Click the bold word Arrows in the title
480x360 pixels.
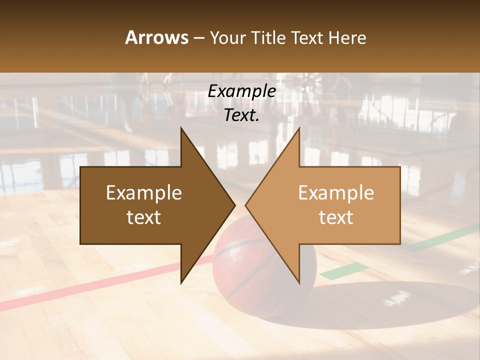point(156,37)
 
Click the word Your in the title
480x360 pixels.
point(228,37)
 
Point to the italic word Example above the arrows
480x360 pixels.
point(241,91)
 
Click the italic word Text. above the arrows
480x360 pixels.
point(241,115)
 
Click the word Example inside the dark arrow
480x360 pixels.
point(144,193)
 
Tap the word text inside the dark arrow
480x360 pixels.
point(144,217)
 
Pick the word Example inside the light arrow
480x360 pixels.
point(336,193)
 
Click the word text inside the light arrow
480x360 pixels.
point(336,217)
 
